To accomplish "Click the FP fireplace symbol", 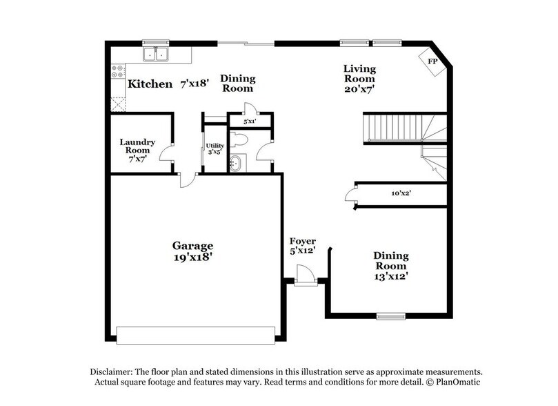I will point(433,62).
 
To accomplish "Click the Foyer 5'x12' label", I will point(302,246).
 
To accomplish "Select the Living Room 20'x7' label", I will point(359,77).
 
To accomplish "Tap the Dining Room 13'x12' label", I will point(390,266).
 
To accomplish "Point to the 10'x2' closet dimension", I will point(401,193).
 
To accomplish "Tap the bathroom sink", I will point(236,164).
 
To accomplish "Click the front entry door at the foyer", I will point(304,275).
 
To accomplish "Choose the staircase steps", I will point(393,128).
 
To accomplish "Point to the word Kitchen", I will point(150,84).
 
